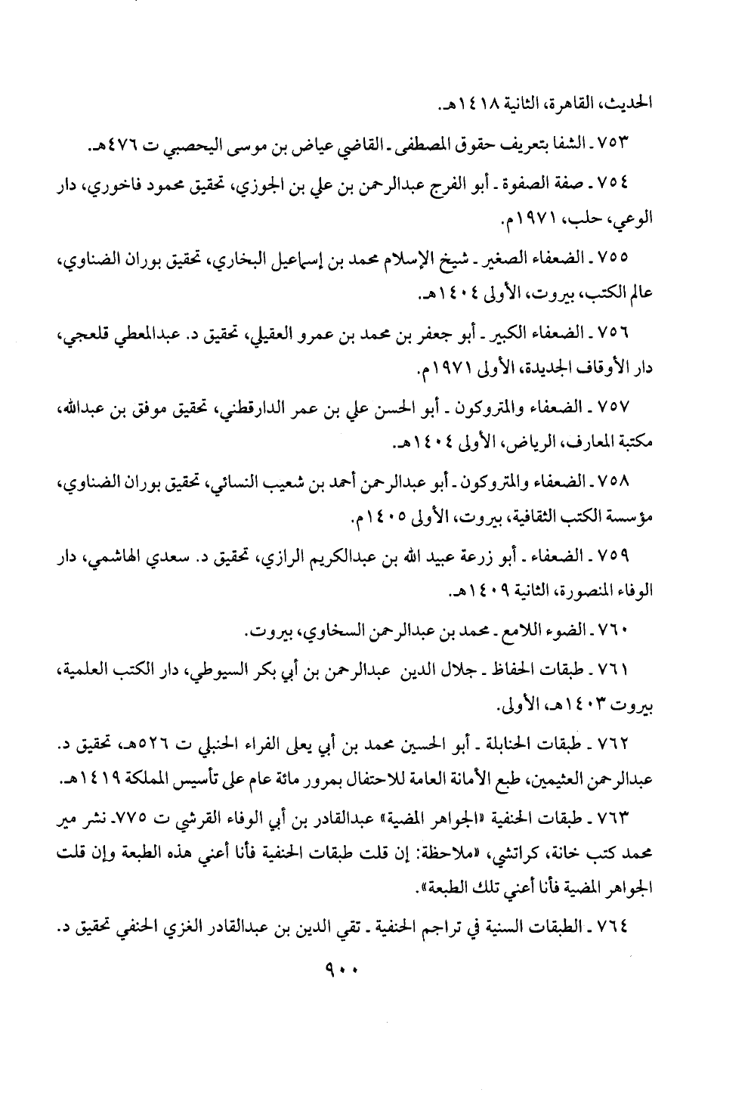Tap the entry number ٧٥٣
(617, 142)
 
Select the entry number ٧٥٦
(617, 332)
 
